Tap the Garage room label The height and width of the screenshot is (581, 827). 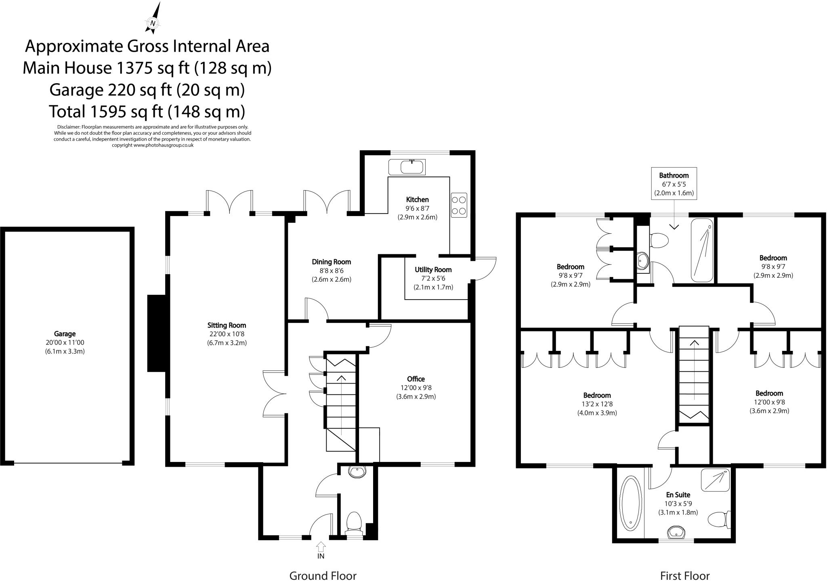click(x=65, y=334)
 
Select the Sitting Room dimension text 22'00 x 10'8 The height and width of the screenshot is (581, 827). click(x=227, y=334)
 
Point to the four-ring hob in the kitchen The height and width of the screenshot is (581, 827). click(x=459, y=205)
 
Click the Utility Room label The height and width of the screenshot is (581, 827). click(x=433, y=270)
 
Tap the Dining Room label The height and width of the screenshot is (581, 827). click(x=331, y=262)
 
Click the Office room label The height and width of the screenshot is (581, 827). click(x=416, y=379)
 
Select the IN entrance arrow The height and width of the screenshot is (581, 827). click(x=321, y=547)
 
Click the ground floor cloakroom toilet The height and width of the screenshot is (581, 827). click(x=354, y=521)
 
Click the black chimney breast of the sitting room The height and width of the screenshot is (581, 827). click(x=157, y=333)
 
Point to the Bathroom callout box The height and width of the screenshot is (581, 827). click(x=674, y=184)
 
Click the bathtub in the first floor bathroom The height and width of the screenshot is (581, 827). click(x=703, y=250)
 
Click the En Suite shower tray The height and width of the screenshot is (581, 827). click(x=716, y=480)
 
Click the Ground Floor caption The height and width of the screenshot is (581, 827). click(x=323, y=575)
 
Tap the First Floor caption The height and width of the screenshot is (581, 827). click(x=685, y=575)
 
